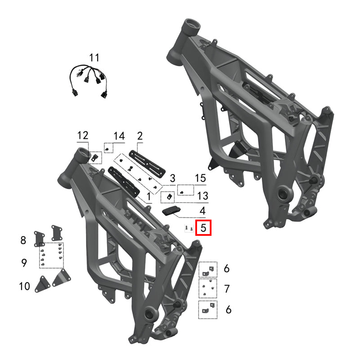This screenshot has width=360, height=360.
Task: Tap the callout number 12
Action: tap(83, 135)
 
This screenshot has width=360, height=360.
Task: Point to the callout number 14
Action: tap(119, 135)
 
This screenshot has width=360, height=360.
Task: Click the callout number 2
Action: tap(139, 135)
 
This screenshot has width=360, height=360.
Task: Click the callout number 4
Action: tap(202, 210)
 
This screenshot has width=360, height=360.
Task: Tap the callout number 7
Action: tap(227, 288)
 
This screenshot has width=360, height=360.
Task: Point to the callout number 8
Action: tap(23, 240)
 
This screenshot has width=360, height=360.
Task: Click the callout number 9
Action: tap(24, 263)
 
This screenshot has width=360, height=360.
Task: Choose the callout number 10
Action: tap(24, 286)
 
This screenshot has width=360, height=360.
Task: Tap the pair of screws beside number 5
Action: tap(189, 229)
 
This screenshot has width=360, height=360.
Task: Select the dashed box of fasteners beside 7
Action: tap(208, 288)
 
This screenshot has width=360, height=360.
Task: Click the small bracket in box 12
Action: tap(95, 157)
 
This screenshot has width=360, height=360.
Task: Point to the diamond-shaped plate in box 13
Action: tap(169, 196)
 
